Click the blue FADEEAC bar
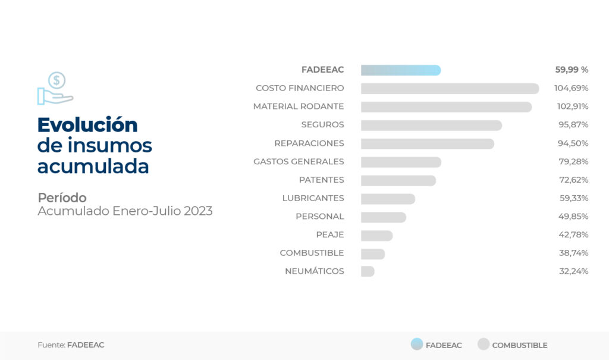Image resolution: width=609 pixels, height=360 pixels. [400, 70]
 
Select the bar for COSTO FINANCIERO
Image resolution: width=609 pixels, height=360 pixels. [450, 89]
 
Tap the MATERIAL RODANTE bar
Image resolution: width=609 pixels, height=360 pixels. [446, 107]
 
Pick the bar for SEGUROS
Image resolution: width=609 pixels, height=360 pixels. [431, 126]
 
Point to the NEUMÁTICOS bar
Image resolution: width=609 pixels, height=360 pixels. [368, 271]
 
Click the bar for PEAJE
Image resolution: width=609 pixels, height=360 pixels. [376, 236]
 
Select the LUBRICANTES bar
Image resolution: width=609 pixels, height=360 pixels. [388, 199]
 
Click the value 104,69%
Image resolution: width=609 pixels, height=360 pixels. [571, 88]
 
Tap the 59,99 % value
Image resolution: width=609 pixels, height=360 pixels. [572, 70]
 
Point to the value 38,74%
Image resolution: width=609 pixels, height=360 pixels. [573, 253]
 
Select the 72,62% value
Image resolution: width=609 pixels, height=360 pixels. [573, 180]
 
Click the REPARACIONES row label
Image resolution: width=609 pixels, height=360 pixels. [309, 143]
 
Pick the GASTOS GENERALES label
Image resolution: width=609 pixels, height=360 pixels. [299, 162]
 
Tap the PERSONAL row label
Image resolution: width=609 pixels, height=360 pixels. [319, 217]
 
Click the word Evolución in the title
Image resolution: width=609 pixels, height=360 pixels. [87, 125]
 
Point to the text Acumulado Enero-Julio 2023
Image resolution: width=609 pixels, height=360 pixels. [125, 211]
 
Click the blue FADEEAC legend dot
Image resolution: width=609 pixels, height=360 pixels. [417, 344]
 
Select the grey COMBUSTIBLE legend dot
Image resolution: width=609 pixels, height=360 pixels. [484, 344]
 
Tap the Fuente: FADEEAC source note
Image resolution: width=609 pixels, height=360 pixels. [71, 345]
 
